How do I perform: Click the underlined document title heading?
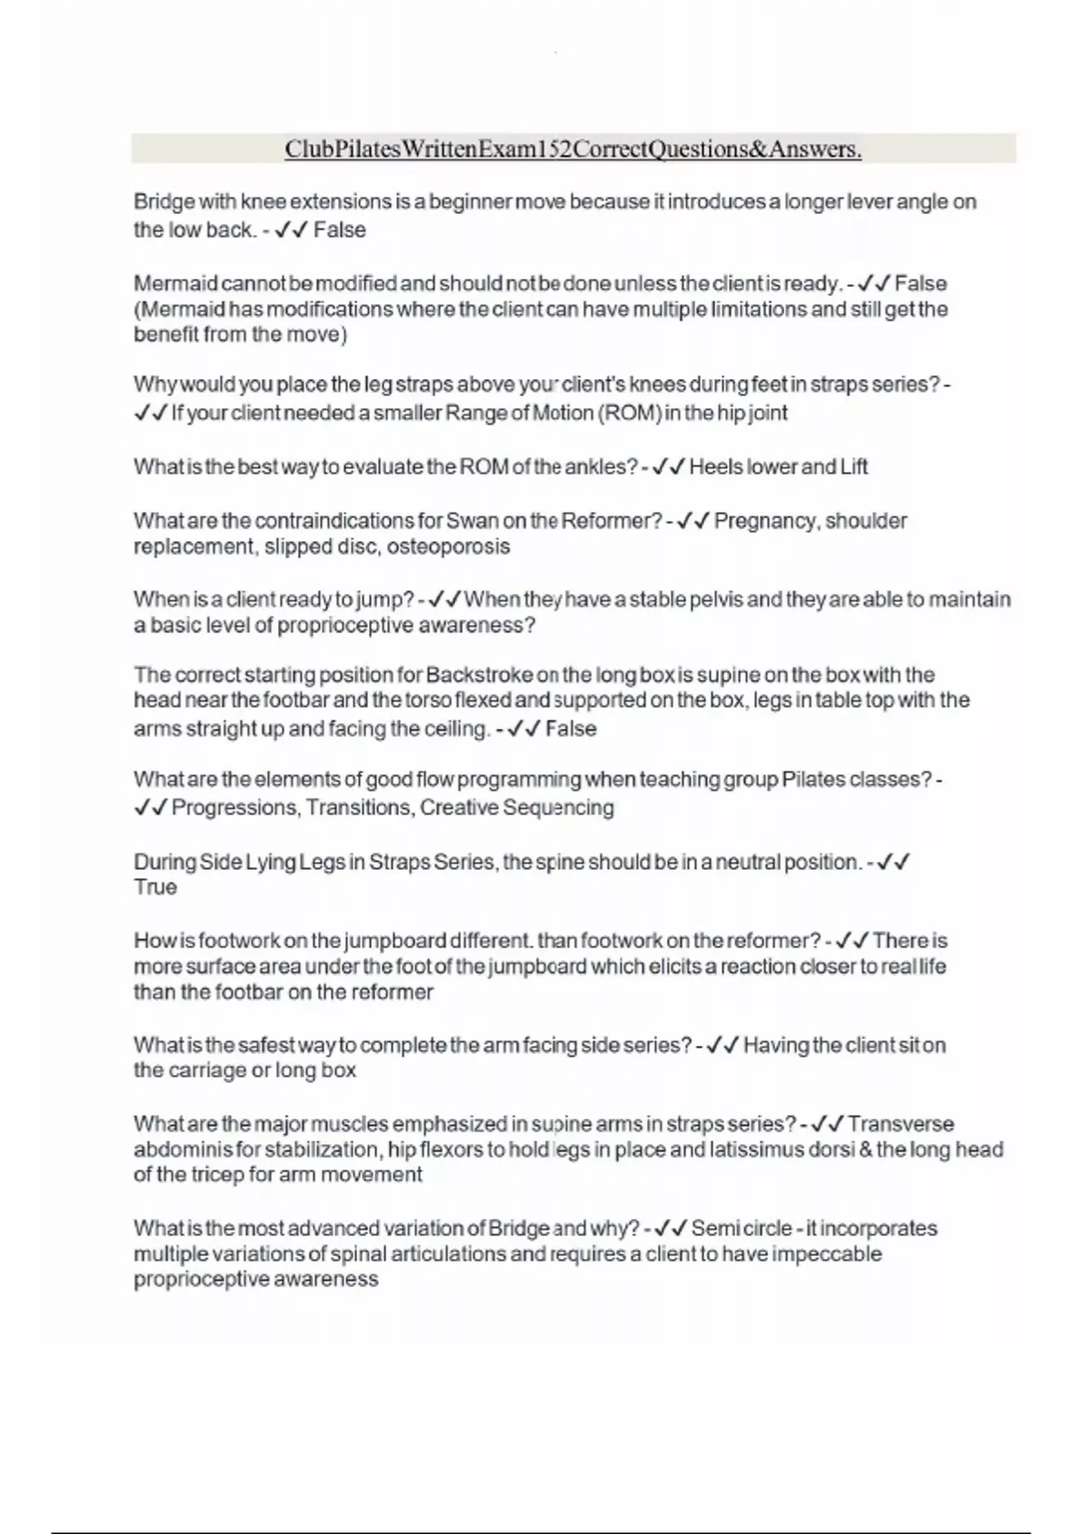pos(573,149)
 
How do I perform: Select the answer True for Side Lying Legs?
pos(155,888)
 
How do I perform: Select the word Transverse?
pos(901,1124)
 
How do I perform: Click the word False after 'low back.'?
pos(339,230)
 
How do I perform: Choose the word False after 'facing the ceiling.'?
pos(570,729)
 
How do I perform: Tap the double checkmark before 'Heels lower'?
pos(669,467)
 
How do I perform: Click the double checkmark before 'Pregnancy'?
pos(693,521)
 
